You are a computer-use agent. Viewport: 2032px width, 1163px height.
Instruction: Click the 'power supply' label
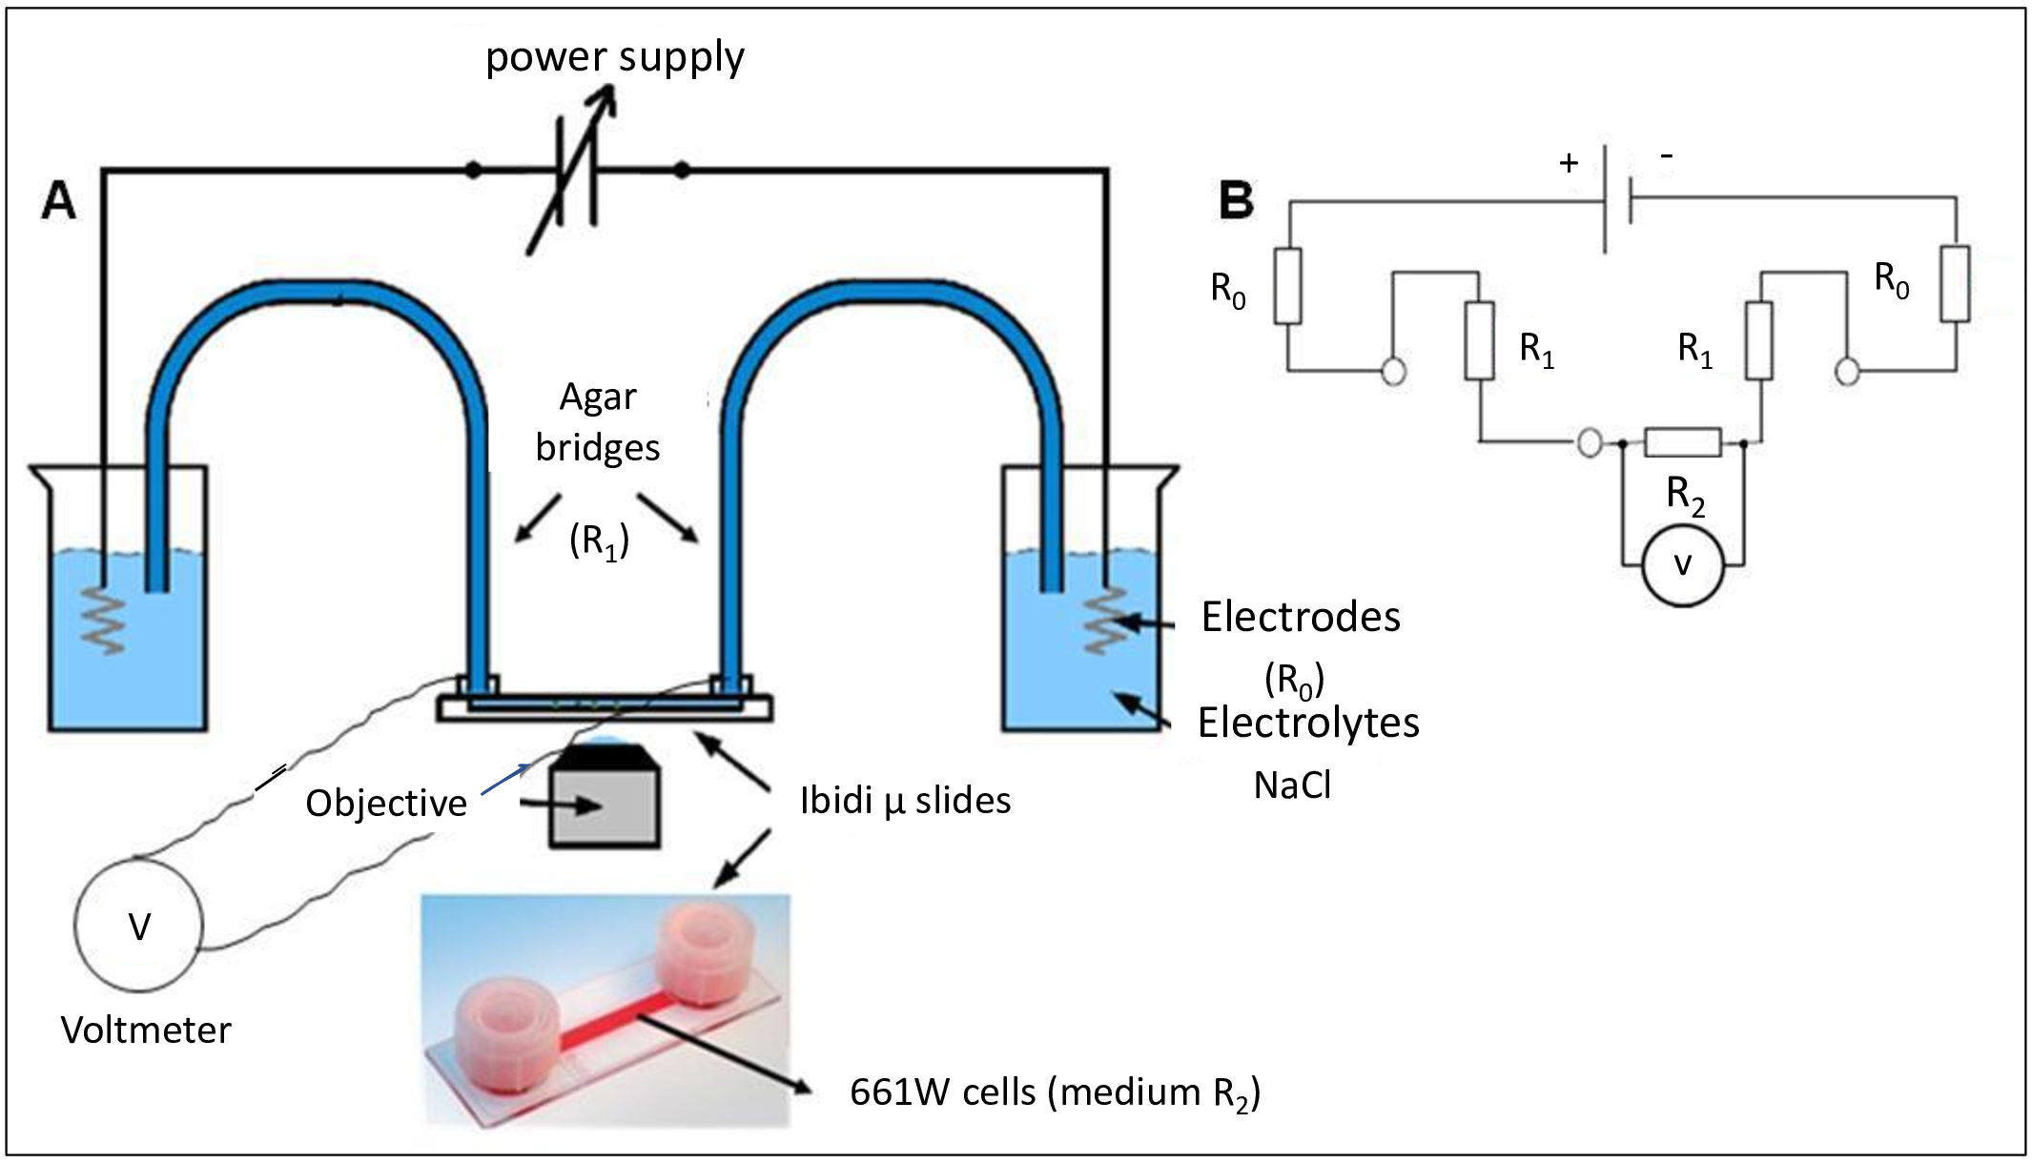point(615,57)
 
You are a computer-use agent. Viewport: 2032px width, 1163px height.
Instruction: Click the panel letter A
point(58,201)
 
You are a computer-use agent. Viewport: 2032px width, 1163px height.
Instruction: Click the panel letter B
point(1237,201)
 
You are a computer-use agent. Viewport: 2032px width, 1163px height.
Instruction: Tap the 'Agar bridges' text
point(598,422)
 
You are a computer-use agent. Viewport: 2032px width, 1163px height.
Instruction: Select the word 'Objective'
point(386,804)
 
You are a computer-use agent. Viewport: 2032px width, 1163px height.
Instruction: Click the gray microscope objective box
point(605,806)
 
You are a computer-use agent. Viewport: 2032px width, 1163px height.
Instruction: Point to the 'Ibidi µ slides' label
point(905,801)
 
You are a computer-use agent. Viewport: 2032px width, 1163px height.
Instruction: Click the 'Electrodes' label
point(1301,618)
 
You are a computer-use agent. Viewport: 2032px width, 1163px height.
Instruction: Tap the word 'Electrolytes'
point(1308,724)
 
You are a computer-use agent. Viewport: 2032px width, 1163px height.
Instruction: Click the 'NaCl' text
point(1292,786)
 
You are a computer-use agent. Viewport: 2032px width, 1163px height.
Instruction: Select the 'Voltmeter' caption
point(146,1030)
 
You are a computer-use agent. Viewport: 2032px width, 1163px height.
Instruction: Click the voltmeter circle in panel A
point(139,925)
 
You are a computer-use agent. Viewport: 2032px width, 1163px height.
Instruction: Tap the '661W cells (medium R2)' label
point(1055,1092)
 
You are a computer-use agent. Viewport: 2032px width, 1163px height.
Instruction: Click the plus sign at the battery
point(1569,164)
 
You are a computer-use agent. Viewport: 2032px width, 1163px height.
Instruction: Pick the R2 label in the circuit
point(1685,496)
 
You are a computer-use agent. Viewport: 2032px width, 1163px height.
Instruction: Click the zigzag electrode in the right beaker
point(1106,620)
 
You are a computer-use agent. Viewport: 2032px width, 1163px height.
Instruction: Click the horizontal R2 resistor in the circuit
point(1683,442)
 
